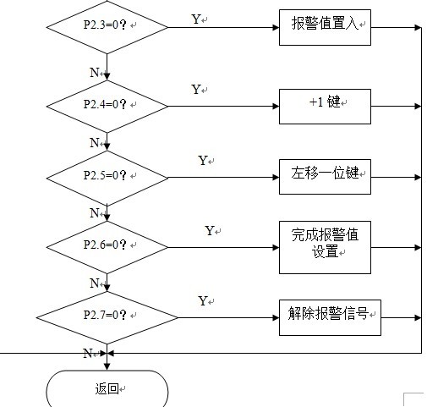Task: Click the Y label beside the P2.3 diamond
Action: click(196, 19)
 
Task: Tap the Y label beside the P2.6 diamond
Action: click(210, 230)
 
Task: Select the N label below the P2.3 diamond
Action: click(95, 73)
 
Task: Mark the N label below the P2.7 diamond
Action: click(88, 353)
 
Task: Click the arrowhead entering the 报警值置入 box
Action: click(276, 27)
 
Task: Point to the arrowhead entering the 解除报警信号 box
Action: click(276, 317)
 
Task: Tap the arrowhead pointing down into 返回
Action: click(107, 366)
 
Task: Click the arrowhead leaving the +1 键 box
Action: click(419, 107)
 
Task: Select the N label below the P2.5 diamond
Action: click(95, 212)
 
